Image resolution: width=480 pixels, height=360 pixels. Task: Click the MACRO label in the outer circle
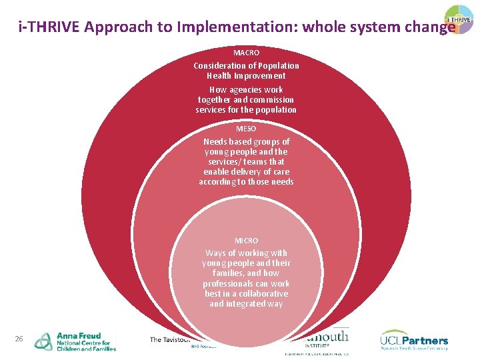(x=246, y=52)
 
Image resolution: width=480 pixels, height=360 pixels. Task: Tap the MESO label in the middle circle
(x=246, y=128)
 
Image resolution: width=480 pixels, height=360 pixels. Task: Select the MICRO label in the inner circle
(x=246, y=240)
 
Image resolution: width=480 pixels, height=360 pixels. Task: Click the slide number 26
(x=19, y=339)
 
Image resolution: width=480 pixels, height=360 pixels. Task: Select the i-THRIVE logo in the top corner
(x=460, y=19)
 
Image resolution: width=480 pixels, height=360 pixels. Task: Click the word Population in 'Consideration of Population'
(x=277, y=66)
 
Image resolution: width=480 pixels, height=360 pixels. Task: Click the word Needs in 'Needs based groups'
(x=215, y=141)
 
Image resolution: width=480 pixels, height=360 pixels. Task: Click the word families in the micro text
(x=228, y=273)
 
